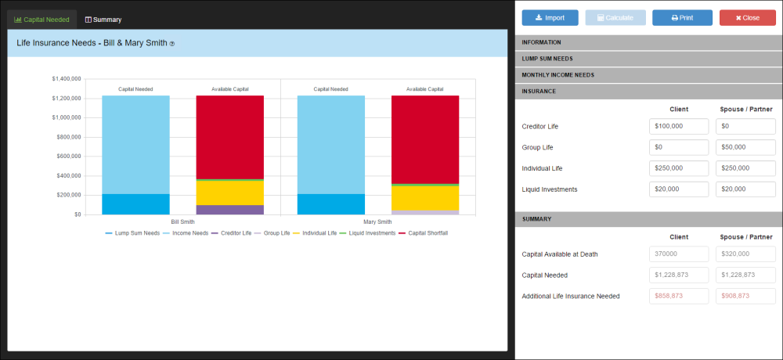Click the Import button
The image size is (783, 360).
click(x=550, y=18)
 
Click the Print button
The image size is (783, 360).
click(x=682, y=18)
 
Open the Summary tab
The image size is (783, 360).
click(x=103, y=20)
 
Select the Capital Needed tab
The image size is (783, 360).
click(x=42, y=20)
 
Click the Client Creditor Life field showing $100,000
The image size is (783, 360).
click(x=679, y=126)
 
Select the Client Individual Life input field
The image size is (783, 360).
click(x=679, y=168)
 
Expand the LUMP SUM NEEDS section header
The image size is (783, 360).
click(x=648, y=59)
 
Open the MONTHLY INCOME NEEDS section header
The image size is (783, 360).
click(x=648, y=75)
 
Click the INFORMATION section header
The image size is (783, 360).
click(x=648, y=42)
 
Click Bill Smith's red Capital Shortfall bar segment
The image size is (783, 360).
click(x=229, y=137)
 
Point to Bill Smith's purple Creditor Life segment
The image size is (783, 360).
click(x=229, y=210)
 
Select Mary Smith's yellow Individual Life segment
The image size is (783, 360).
click(x=425, y=198)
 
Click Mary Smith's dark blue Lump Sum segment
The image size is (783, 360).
click(x=331, y=204)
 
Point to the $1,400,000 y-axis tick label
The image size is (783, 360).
click(x=66, y=79)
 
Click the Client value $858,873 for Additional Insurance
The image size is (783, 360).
click(x=679, y=296)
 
